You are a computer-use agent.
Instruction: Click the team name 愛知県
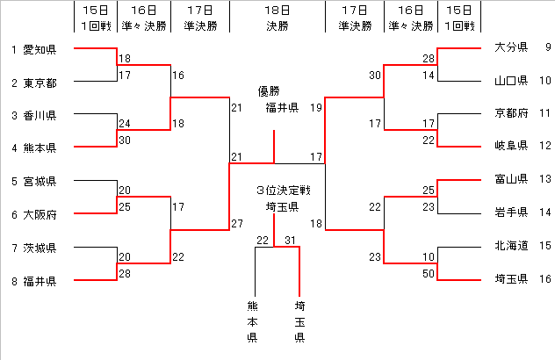[40, 48]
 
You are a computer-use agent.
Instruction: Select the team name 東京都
[40, 83]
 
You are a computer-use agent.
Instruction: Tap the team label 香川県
[40, 115]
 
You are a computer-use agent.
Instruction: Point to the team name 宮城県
[40, 182]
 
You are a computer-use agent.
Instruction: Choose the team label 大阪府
[40, 214]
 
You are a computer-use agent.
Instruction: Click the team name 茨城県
[40, 248]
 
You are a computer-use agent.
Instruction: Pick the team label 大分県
[510, 47]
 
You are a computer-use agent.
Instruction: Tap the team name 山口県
[510, 81]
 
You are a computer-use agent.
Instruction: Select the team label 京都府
[510, 113]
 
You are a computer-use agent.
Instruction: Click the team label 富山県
[510, 179]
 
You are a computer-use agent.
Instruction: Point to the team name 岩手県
[510, 212]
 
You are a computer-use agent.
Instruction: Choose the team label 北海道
[510, 246]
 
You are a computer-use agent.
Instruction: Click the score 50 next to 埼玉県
[428, 274]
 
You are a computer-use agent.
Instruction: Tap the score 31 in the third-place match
[291, 241]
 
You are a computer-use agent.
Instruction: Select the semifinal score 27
[236, 224]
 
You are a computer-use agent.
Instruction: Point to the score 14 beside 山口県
[428, 76]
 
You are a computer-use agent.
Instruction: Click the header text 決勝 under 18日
[277, 26]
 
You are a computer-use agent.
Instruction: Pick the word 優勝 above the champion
[269, 91]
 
